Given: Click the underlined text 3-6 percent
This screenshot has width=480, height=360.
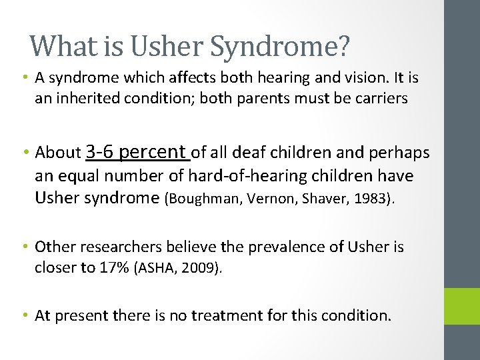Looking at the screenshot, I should (138, 152).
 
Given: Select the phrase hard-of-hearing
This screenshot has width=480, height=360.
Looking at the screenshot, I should (246, 176).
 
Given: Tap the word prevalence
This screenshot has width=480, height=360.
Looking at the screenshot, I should (281, 247).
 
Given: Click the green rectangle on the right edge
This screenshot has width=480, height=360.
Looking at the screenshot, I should (461, 306).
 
